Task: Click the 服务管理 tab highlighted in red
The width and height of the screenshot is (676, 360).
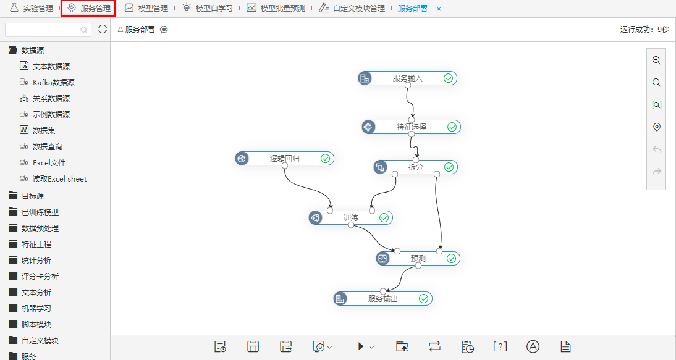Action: pyautogui.click(x=88, y=8)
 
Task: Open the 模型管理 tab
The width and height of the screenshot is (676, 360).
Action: pyautogui.click(x=146, y=8)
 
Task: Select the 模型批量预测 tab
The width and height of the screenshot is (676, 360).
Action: pyautogui.click(x=276, y=8)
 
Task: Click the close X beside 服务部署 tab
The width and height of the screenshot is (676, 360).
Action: pyautogui.click(x=439, y=9)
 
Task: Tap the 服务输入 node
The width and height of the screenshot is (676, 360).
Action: pyautogui.click(x=407, y=78)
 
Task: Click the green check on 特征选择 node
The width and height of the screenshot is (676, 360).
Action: pyautogui.click(x=452, y=127)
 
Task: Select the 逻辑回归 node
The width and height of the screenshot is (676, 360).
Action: pyautogui.click(x=284, y=159)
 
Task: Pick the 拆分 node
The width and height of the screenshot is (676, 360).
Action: pyautogui.click(x=416, y=167)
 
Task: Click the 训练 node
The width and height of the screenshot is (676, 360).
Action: pyautogui.click(x=350, y=218)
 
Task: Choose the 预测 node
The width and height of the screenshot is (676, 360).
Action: pyautogui.click(x=418, y=258)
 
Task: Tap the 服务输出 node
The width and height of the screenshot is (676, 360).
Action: pyautogui.click(x=383, y=298)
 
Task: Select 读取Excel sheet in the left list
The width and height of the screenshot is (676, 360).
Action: pyautogui.click(x=53, y=178)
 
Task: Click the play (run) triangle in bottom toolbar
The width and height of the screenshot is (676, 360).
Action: pyautogui.click(x=361, y=346)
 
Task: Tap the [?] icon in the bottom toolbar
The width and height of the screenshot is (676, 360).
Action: pyautogui.click(x=500, y=346)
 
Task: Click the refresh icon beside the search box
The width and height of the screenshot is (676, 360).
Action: pyautogui.click(x=103, y=29)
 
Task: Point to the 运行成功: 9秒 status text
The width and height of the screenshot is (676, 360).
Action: pyautogui.click(x=644, y=29)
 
